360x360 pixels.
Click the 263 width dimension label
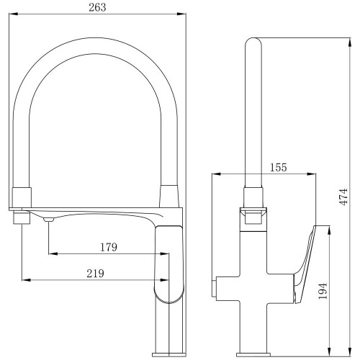click(97, 7)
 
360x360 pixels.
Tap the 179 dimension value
click(109, 247)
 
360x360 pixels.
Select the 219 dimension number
click(96, 274)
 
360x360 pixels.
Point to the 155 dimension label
click(279, 167)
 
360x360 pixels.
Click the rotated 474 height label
click(344, 197)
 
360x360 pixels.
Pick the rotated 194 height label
click(323, 291)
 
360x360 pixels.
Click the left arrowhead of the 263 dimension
click(14, 14)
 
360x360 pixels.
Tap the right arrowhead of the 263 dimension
click(181, 14)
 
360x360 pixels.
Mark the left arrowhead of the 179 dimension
click(53, 253)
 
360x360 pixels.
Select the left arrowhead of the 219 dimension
click(27, 280)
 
